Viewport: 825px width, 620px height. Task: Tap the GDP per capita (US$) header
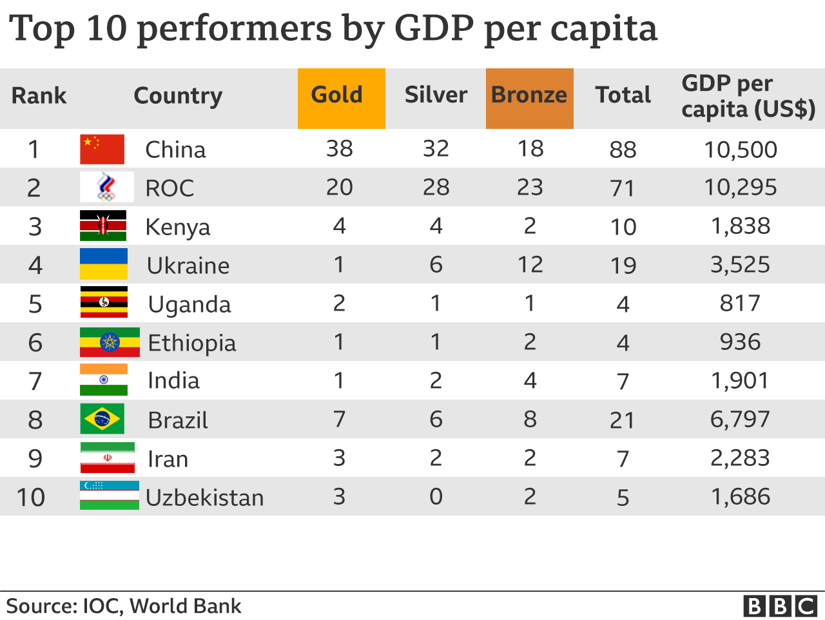(x=748, y=97)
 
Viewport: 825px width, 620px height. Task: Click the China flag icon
(x=102, y=149)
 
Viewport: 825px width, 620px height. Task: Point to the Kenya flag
(x=103, y=226)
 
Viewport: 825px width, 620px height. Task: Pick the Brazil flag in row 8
(x=102, y=419)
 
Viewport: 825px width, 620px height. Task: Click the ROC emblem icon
(x=106, y=187)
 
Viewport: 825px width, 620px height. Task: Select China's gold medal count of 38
(x=339, y=149)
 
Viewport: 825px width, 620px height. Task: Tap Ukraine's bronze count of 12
(x=530, y=265)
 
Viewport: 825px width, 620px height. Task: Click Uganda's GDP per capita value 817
(x=740, y=304)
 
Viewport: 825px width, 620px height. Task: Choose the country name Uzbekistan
(x=205, y=498)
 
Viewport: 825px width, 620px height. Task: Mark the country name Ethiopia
(x=192, y=343)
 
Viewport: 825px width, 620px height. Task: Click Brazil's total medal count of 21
(x=622, y=420)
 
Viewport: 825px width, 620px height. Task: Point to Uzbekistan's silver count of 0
(x=436, y=497)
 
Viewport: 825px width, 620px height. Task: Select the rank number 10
(x=31, y=498)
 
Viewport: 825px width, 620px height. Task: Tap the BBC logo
(x=780, y=606)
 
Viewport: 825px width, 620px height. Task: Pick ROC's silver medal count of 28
(x=436, y=188)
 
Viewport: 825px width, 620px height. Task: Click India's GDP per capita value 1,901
(x=740, y=381)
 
